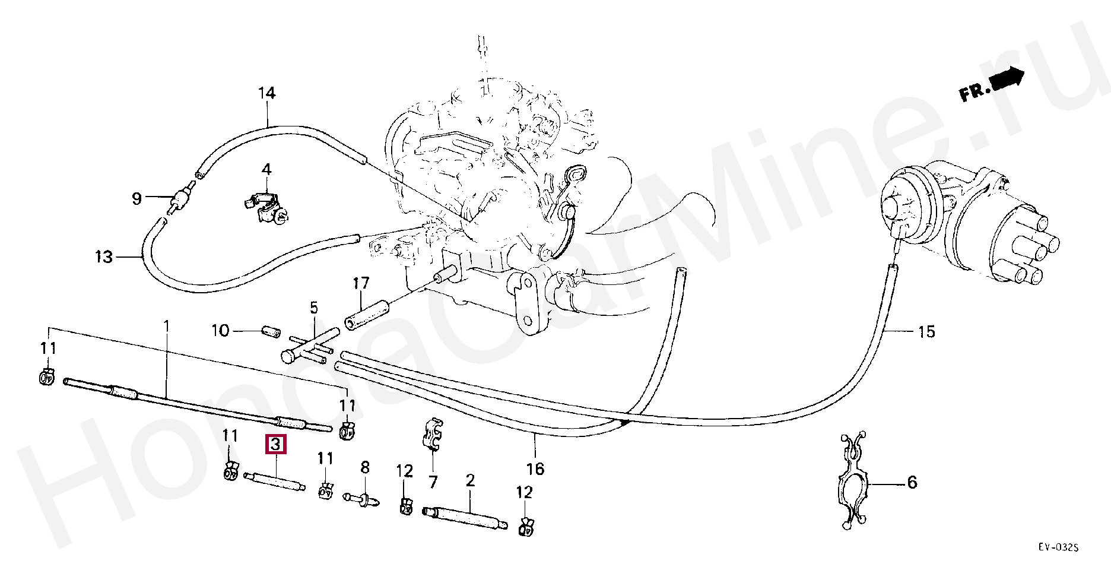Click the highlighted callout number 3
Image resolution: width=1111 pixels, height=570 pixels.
coord(276,444)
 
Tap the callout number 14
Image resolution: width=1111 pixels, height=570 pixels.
coord(267,93)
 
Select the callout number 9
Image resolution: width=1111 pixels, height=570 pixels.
coord(137,198)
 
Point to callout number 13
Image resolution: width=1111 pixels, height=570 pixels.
coord(104,257)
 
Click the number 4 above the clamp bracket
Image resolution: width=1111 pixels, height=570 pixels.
coord(266,169)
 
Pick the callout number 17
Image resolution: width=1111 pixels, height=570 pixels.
coord(361,283)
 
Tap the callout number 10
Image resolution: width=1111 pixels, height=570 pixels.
coord(220,330)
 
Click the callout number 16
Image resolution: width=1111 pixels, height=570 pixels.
coord(535,469)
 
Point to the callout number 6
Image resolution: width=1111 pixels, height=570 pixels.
coord(912,483)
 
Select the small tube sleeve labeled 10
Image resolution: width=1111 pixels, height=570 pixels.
coord(271,331)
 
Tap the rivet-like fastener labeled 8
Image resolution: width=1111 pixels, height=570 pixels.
coord(361,499)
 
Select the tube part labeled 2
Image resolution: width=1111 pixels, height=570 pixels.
coord(465,517)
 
